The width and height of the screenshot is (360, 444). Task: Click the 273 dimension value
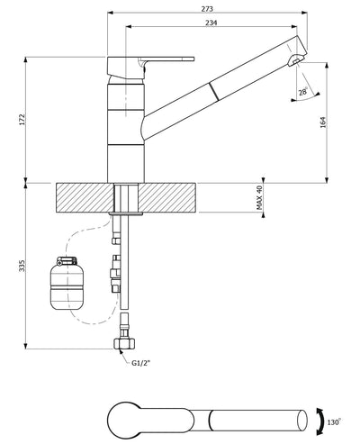point(209,7)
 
